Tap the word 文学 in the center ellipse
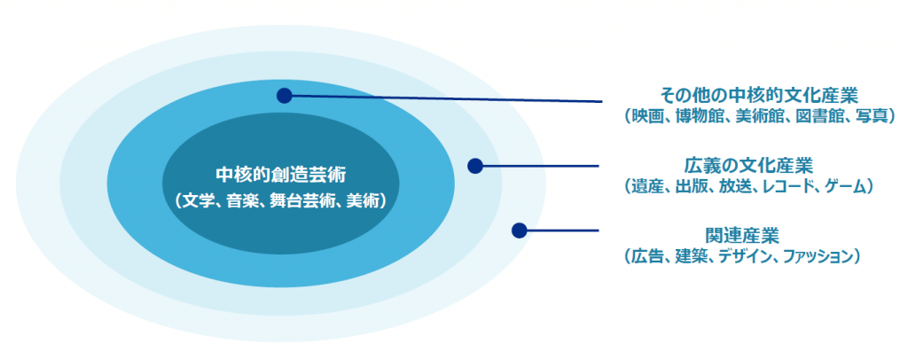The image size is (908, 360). (200, 201)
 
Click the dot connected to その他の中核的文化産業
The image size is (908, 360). (284, 96)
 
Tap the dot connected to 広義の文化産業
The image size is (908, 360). (475, 166)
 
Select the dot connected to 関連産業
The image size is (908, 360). (519, 231)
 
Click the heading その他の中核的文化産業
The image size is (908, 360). (759, 94)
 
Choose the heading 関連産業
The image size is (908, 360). (742, 235)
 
